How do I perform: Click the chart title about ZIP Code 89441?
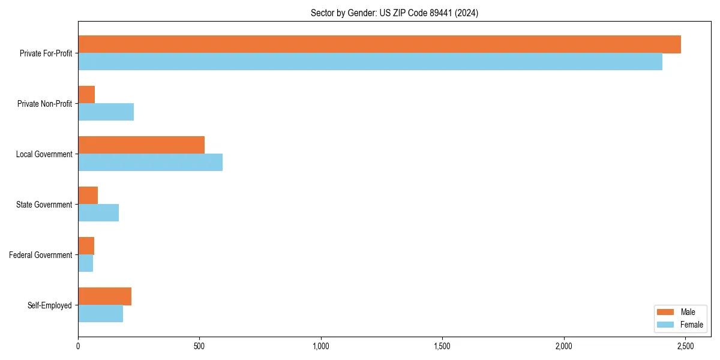394,13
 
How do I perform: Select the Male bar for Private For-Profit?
379,44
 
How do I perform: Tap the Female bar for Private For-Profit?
370,62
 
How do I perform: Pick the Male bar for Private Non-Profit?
86,95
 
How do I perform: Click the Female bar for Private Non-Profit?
106,112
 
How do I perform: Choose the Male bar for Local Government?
141,145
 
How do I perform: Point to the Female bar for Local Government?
150,163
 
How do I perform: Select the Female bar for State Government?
98,213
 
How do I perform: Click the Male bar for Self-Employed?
104,296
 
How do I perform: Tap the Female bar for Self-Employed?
100,314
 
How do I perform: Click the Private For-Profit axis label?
46,53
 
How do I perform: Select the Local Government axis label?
44,154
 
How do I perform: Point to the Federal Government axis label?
41,255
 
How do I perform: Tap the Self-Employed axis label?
50,305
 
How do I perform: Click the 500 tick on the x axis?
199,346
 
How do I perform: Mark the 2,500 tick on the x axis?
685,346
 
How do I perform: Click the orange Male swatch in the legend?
666,312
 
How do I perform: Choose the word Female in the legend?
691,325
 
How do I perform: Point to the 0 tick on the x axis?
78,346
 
